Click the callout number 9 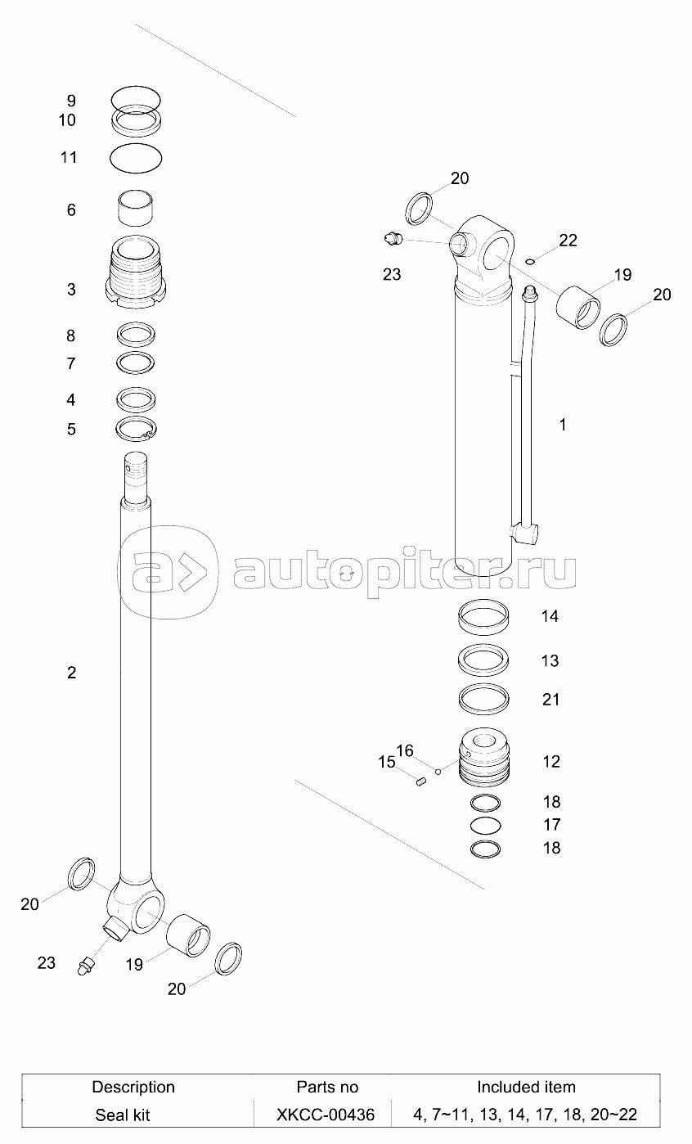[x=71, y=101]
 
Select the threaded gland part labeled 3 [x=136, y=272]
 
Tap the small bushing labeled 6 [x=135, y=208]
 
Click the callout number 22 [x=568, y=240]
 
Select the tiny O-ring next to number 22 [x=530, y=262]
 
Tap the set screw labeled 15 [x=420, y=781]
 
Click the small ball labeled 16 [x=438, y=771]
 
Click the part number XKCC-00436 [x=326, y=1115]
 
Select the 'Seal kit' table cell [x=123, y=1115]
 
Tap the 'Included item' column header [x=526, y=1087]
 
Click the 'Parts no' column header [x=327, y=1087]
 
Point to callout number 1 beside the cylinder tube [x=563, y=425]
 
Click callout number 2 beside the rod [x=71, y=673]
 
